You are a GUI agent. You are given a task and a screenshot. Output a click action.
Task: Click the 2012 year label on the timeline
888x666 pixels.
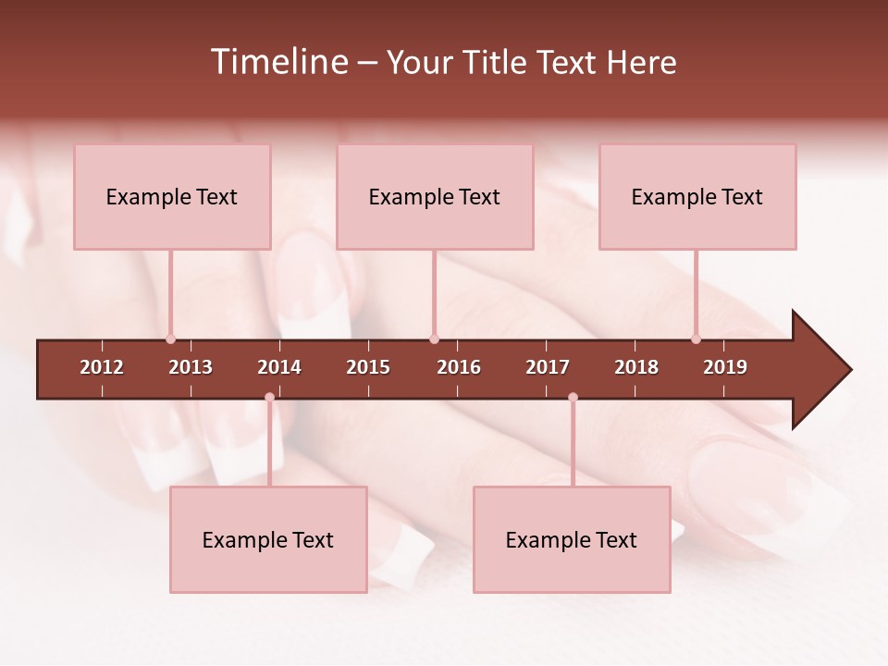click(102, 367)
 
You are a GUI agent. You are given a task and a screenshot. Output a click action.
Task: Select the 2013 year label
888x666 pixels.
click(191, 367)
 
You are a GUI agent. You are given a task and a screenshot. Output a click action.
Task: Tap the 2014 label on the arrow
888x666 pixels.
click(279, 367)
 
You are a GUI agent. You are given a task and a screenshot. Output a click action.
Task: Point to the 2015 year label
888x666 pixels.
click(368, 367)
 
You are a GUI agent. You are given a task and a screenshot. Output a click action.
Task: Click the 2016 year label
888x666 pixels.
click(459, 367)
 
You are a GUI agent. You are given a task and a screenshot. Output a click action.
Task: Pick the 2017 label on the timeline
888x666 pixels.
click(548, 367)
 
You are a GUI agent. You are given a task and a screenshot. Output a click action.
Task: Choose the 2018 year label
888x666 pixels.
click(636, 367)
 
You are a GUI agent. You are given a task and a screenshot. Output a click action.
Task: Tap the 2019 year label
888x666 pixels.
click(725, 367)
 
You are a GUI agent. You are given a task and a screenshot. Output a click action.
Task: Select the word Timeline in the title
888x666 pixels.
click(278, 62)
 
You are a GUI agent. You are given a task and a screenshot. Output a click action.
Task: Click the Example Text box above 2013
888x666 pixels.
click(172, 196)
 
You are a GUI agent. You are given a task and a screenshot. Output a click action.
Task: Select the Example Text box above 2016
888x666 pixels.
click(435, 196)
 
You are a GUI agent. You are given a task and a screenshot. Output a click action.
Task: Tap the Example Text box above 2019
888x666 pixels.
click(697, 196)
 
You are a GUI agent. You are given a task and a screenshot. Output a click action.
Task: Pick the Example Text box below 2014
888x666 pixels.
click(268, 539)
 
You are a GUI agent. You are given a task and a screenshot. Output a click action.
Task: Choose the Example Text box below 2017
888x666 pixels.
click(572, 539)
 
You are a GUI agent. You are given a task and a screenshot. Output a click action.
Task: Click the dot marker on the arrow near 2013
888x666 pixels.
click(170, 339)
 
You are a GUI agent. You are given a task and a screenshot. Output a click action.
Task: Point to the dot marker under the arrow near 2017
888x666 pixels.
click(573, 397)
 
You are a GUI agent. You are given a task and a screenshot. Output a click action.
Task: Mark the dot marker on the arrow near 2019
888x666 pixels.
click(696, 339)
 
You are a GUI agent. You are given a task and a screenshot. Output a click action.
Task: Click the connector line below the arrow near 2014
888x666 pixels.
click(269, 444)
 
